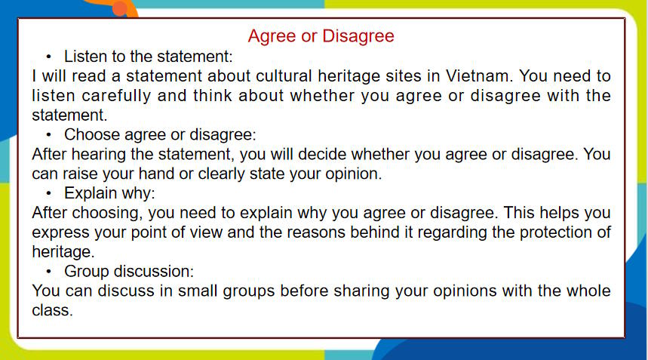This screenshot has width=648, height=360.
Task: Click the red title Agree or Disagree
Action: coord(321,36)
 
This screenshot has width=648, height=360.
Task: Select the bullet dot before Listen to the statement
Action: coord(49,57)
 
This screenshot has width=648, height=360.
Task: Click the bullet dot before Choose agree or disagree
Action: coord(49,135)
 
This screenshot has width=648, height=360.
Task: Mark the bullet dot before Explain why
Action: coord(49,193)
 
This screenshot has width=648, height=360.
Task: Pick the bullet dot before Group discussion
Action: coord(49,271)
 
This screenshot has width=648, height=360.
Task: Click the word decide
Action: coord(321,154)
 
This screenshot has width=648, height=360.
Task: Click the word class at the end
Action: coord(52,310)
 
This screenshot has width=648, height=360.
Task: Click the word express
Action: coord(60,232)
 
